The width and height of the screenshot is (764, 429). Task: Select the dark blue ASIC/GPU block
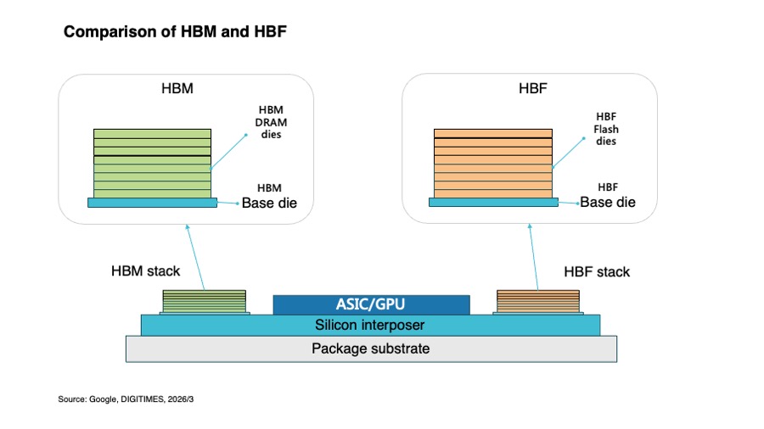point(371,304)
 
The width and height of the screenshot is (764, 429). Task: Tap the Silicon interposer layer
point(370,325)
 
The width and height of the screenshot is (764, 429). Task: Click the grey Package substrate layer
point(371,348)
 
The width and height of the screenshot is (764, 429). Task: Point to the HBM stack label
point(145,271)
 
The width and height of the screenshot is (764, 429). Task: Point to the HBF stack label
point(597,272)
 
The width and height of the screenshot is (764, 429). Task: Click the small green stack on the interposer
point(205,300)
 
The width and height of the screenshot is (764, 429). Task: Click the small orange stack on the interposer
point(538,300)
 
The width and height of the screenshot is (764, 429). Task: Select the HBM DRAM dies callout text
point(272,122)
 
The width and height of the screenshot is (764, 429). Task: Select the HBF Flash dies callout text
point(606,129)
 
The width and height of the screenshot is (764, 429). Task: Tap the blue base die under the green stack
point(152,203)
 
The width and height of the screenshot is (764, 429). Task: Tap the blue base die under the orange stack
point(493,203)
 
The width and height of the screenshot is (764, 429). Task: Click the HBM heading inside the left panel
point(177,89)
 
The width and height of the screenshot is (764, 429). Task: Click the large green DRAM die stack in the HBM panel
point(152,162)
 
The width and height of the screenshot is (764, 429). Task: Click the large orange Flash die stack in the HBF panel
point(493,162)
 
